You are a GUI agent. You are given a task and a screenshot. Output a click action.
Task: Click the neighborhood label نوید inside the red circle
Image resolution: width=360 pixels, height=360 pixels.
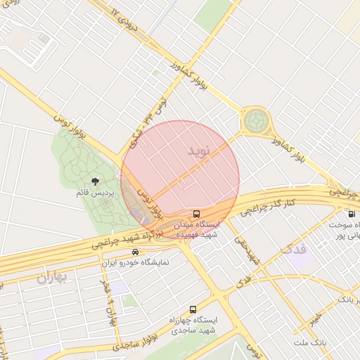click(199, 151)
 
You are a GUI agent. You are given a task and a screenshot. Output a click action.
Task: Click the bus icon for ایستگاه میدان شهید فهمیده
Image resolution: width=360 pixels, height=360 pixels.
click(197, 213)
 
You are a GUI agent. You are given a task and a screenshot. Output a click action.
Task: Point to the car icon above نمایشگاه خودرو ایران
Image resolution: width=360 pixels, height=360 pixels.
click(135, 252)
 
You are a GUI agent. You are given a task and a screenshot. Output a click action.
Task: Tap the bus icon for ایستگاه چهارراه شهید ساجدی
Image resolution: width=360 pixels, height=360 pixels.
click(193, 309)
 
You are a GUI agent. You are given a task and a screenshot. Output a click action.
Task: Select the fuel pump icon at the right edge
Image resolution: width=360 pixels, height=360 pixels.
click(351, 214)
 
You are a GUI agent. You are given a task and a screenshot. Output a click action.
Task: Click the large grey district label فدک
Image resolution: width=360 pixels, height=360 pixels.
click(293, 249)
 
